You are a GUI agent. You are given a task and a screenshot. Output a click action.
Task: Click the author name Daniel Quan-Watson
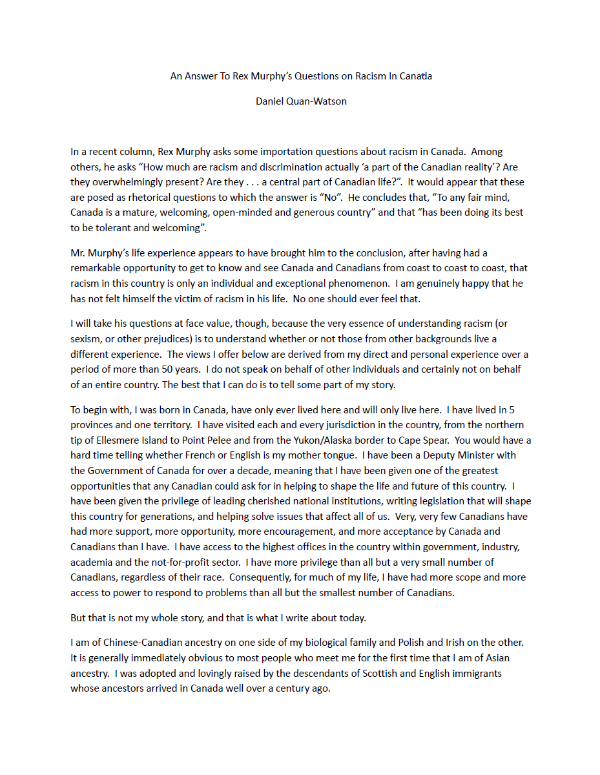301,101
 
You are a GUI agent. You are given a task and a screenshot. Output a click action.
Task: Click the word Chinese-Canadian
123,643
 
